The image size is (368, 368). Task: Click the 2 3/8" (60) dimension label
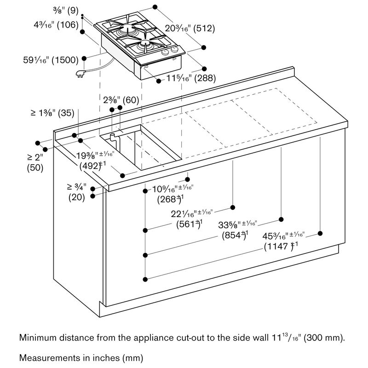pyautogui.click(x=121, y=100)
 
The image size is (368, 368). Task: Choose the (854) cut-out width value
pyautogui.click(x=232, y=234)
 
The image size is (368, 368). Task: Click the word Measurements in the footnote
pyautogui.click(x=47, y=356)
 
